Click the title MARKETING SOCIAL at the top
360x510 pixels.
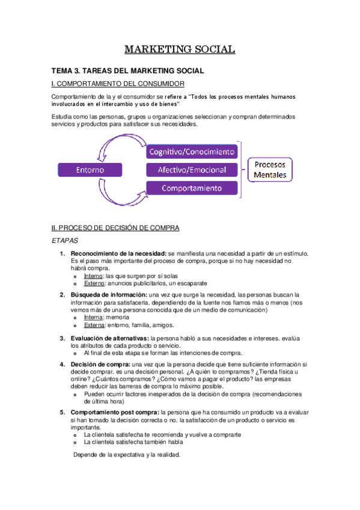(180, 49)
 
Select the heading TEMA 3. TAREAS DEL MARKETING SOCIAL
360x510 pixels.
(127, 71)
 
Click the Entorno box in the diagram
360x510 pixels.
(90, 170)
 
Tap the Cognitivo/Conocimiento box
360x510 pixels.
(192, 151)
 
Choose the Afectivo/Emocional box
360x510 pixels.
(192, 170)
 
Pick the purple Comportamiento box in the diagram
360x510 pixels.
(192, 188)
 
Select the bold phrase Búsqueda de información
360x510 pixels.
(108, 295)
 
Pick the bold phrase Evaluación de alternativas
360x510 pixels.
(109, 339)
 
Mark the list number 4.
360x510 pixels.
(62, 364)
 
